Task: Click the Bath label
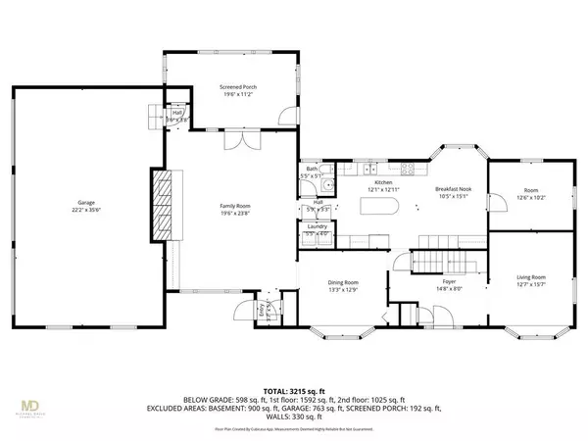311,169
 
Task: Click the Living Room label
531,277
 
